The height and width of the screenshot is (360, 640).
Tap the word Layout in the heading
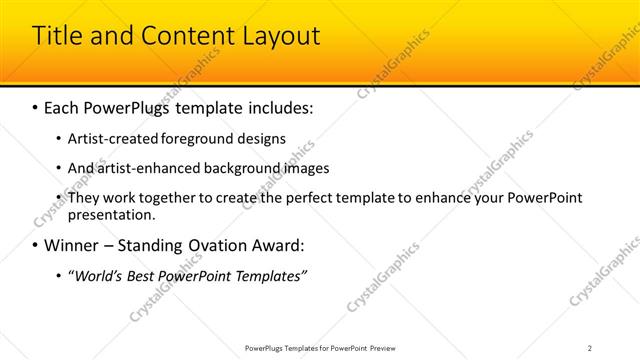(x=279, y=37)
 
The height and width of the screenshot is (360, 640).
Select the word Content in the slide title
(x=183, y=37)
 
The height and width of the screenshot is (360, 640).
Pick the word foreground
(x=197, y=138)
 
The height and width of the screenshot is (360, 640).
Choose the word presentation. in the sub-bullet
(x=112, y=214)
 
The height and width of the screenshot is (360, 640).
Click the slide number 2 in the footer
(x=590, y=347)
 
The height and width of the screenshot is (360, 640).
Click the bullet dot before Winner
(x=36, y=246)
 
